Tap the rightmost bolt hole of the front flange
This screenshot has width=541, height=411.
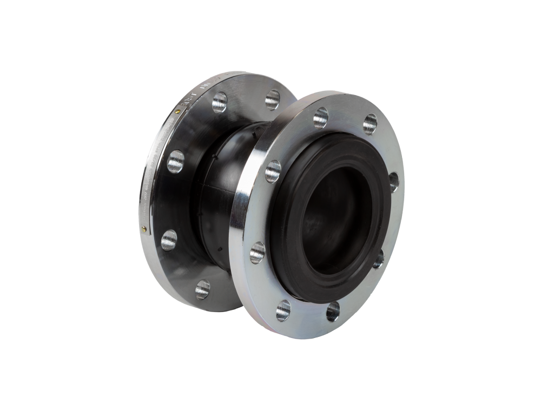(393, 181)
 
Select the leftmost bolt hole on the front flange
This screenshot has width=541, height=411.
(258, 252)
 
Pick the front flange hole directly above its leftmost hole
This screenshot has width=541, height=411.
(273, 171)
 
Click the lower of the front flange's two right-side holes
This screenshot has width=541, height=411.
(379, 258)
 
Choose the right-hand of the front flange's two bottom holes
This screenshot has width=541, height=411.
(333, 311)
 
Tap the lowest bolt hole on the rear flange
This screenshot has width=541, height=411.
(202, 289)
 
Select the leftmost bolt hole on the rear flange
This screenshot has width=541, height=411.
(169, 240)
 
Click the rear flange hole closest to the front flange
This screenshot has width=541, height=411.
(272, 100)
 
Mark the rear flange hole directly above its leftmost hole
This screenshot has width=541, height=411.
(175, 161)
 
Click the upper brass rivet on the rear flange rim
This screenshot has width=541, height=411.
(179, 111)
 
